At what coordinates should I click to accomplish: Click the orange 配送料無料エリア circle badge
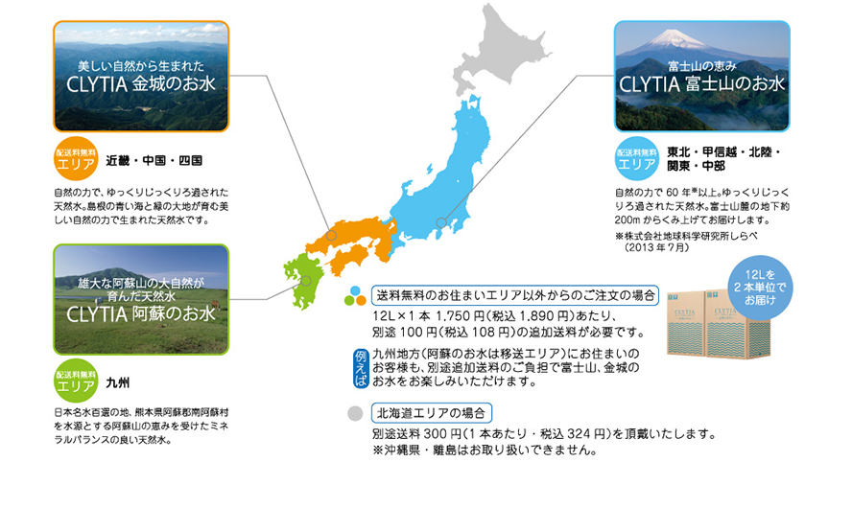coord(76,158)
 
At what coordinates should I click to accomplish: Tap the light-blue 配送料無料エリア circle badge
coord(636,158)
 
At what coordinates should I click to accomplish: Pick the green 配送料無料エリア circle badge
coord(76,381)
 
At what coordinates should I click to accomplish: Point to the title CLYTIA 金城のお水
coord(141,84)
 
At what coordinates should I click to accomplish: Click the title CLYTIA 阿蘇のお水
coord(141,314)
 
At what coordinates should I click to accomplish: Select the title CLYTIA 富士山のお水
coord(702,84)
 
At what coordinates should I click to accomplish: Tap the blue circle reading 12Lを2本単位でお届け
coord(760,288)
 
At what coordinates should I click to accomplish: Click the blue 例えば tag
coord(361,368)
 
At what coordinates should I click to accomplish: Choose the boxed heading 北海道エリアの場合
coord(432,413)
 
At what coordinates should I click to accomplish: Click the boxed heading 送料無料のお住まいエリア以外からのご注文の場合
coord(515,296)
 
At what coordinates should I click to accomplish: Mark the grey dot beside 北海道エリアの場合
coord(355,413)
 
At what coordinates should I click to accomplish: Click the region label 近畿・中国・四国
coord(154,161)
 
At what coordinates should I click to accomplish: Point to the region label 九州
coord(117,382)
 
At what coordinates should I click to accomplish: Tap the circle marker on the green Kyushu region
coord(306,281)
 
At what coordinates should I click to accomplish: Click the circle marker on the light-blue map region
coord(441,222)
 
